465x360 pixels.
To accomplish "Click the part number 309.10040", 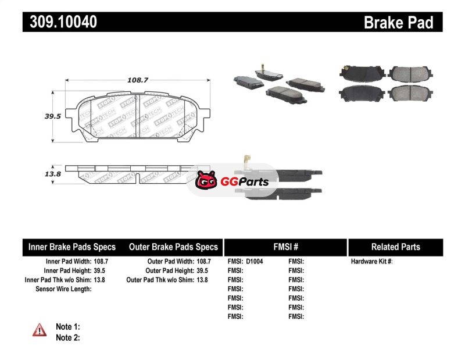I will (60, 22).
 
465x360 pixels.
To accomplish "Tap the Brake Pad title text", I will (398, 22).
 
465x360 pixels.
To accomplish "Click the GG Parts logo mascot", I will (206, 181).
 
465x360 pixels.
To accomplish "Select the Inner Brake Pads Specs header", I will (72, 247).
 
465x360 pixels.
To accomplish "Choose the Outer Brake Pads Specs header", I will (173, 247).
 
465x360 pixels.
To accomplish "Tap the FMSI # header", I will (286, 247).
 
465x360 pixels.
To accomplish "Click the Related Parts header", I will (396, 247).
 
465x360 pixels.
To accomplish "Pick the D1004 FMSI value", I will (255, 262).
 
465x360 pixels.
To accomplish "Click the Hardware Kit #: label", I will (372, 262).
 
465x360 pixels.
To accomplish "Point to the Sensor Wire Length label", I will (63, 289).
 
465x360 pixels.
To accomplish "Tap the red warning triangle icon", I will (40, 330).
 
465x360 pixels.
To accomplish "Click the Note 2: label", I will (67, 338).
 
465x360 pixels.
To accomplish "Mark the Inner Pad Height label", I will (67, 271).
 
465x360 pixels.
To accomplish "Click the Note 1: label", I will (67, 327).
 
